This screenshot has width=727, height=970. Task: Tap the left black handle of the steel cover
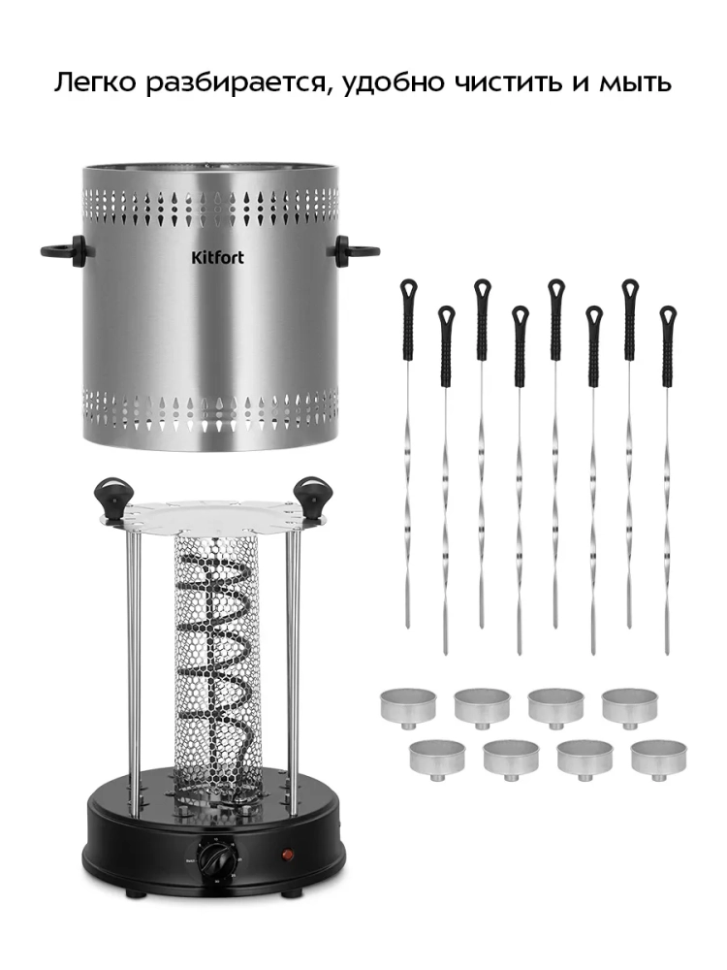click(x=63, y=250)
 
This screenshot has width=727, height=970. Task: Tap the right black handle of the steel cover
click(x=355, y=250)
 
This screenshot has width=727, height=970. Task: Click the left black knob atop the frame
click(x=112, y=497)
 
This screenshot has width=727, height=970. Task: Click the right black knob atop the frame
click(x=310, y=497)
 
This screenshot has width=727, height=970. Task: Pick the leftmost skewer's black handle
click(x=409, y=319)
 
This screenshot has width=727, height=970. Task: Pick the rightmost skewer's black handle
click(x=668, y=346)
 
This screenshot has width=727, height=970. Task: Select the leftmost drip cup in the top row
click(x=408, y=705)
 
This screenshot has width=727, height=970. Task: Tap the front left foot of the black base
click(x=131, y=894)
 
